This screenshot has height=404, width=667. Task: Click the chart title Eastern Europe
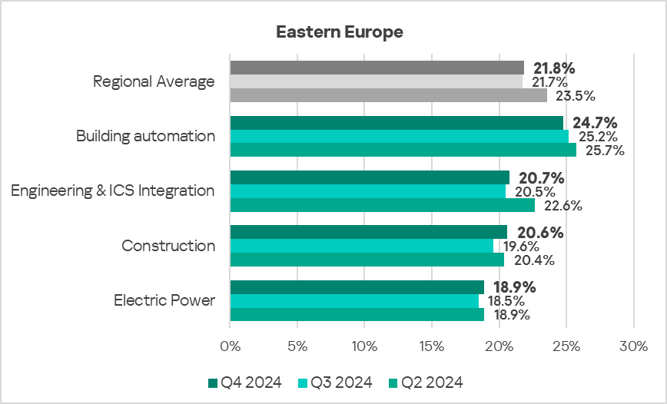[x=340, y=32]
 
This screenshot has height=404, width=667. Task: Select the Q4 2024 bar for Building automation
[x=397, y=123]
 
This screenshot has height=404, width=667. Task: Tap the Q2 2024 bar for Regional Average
[x=388, y=95]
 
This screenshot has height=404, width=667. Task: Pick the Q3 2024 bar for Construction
[x=361, y=246]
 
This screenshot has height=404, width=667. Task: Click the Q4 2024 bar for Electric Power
[x=357, y=287]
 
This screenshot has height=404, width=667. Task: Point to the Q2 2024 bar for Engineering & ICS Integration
[x=382, y=205]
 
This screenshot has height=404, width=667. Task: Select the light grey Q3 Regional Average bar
[x=376, y=81]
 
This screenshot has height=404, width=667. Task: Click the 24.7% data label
[x=596, y=123]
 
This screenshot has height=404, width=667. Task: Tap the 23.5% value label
[x=573, y=96]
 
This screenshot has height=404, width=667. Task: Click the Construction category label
[x=168, y=246]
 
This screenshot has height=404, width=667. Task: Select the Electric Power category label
[x=164, y=300]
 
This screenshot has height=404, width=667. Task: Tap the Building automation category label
[x=145, y=136]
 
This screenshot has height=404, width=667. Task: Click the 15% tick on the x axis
[x=432, y=346]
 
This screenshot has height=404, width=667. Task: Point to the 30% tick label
[x=633, y=346]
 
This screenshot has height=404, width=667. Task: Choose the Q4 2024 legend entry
[x=245, y=382]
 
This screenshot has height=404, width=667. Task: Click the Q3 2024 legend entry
[x=336, y=382]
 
